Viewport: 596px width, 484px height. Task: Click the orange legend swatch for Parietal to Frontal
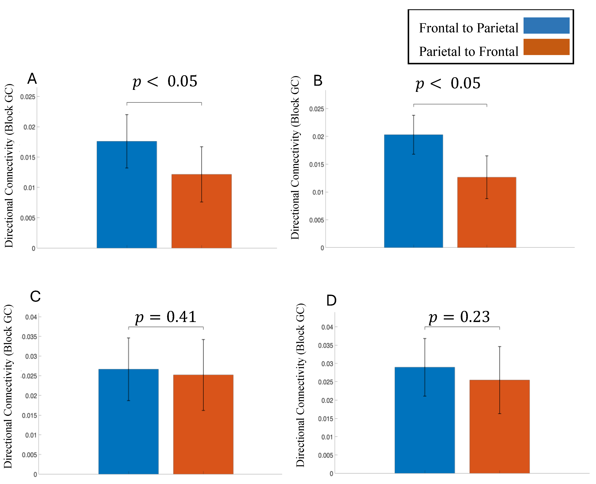(546, 47)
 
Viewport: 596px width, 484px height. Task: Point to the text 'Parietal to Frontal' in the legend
(468, 52)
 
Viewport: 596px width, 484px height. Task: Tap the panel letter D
(331, 301)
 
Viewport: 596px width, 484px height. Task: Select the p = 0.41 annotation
(166, 317)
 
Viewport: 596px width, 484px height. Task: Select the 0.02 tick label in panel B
(318, 137)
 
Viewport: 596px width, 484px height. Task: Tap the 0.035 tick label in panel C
(29, 337)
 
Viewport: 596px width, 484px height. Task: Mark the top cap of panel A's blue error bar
(127, 115)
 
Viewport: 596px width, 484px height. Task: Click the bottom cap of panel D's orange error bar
(500, 414)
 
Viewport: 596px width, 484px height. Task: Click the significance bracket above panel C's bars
(166, 327)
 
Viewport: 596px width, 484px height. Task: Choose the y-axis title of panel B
(295, 158)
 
